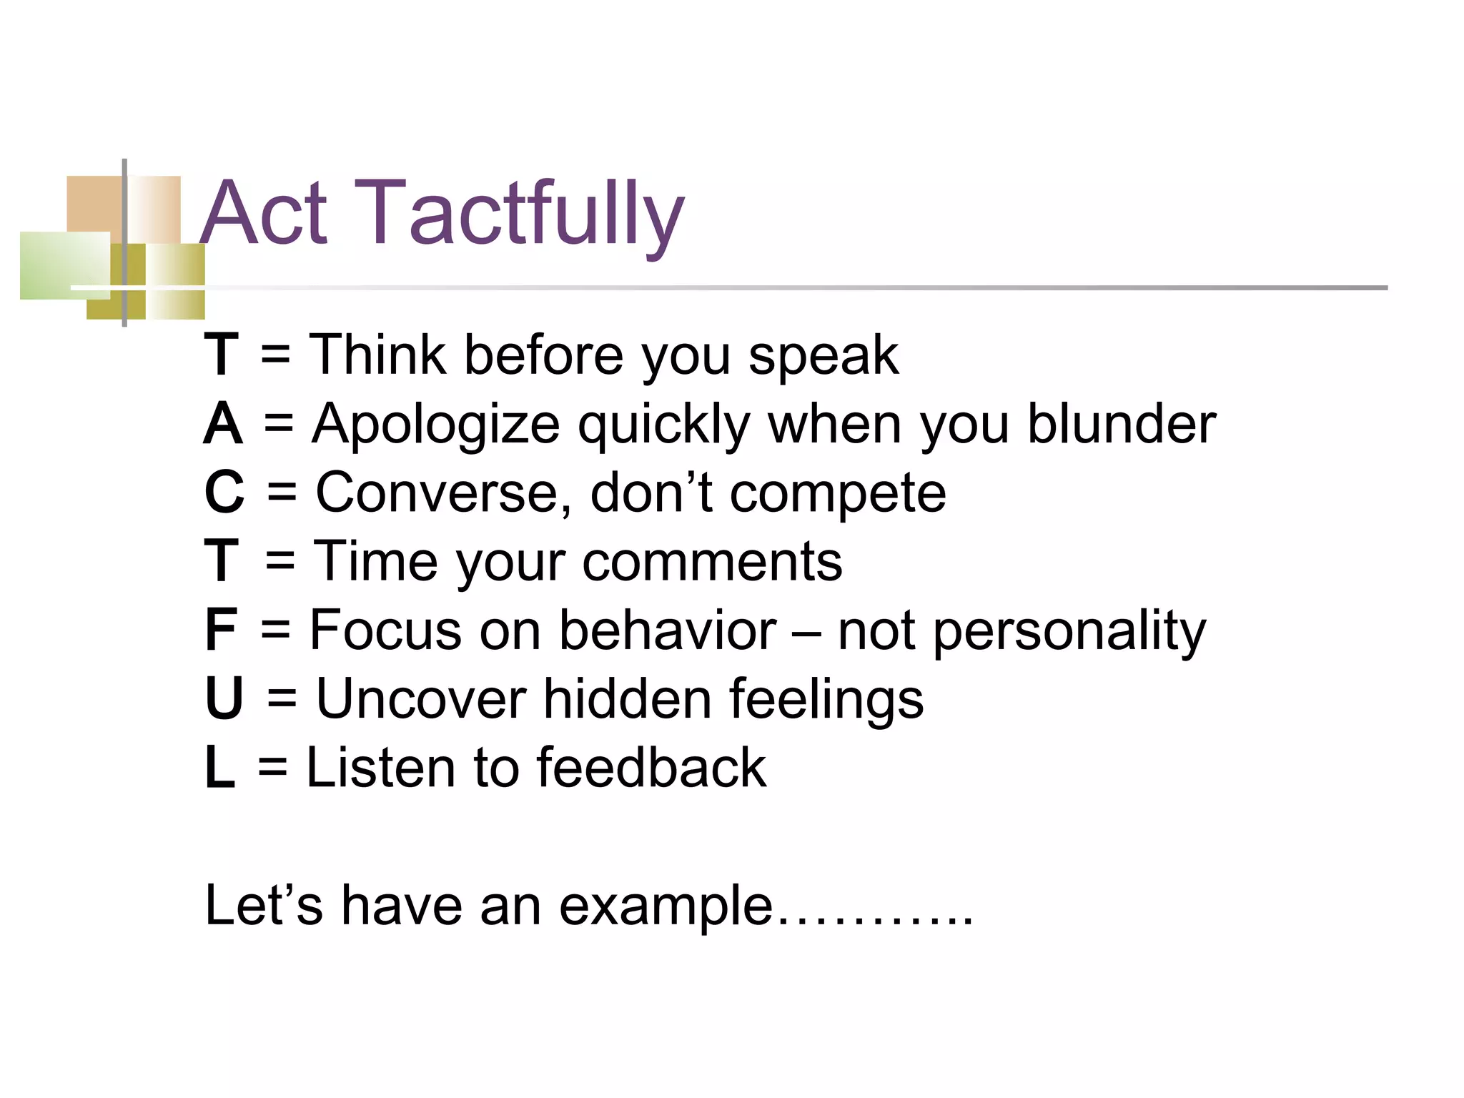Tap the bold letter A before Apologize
[x=223, y=424]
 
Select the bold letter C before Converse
[x=224, y=493]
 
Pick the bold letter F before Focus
[x=220, y=630]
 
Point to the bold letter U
[x=224, y=698]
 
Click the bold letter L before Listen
[x=219, y=767]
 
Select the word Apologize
[x=435, y=425]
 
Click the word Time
[x=376, y=561]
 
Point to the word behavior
[x=668, y=630]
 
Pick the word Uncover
[x=421, y=698]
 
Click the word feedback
[x=651, y=767]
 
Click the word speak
[x=823, y=355]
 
